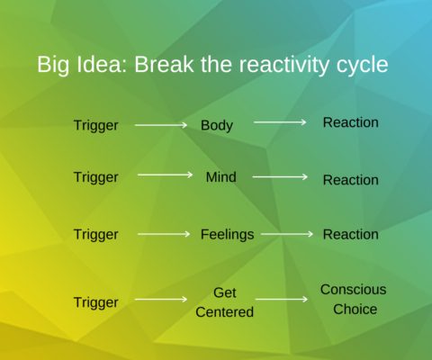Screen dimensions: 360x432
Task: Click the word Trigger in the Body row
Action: [95, 125]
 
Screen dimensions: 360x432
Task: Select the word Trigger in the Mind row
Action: [95, 177]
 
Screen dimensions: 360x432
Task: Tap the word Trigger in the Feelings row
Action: [95, 234]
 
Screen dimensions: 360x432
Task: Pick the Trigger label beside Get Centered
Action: [95, 302]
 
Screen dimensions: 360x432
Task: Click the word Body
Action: [217, 125]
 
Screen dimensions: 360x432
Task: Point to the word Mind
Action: [220, 177]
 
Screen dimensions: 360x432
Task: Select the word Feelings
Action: [227, 234]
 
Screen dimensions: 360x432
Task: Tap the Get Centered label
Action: [225, 302]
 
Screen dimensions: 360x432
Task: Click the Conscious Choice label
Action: [354, 299]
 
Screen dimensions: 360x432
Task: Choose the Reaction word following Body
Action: [350, 121]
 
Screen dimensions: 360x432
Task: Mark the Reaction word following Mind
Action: [350, 180]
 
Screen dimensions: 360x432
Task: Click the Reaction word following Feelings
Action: [350, 234]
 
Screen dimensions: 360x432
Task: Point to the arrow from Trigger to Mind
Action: [165, 175]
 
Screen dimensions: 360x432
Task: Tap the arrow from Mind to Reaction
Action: [280, 177]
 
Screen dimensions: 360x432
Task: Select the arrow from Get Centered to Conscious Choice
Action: [282, 300]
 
